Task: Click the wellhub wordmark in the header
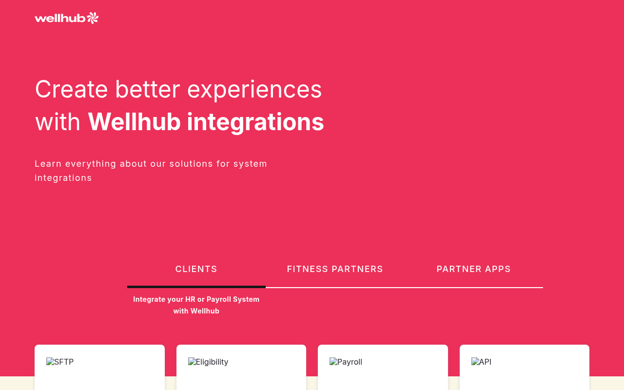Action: point(60,19)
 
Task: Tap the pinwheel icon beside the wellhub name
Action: point(93,18)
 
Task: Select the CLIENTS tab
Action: point(196,269)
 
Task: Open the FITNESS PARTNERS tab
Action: point(335,269)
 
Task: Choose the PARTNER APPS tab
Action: point(473,269)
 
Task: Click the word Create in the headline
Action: point(72,89)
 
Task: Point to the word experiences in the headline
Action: point(254,91)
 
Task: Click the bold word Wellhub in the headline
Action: point(134,122)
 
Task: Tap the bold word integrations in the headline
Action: point(255,123)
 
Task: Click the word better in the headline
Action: point(148,89)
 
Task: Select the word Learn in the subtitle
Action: point(48,164)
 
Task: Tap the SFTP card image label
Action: point(60,362)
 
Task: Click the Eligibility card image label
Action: point(208,362)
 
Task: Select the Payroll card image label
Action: point(346,362)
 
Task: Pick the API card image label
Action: point(481,362)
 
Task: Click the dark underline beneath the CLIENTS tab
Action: point(196,287)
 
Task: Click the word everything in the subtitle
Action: point(91,164)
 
